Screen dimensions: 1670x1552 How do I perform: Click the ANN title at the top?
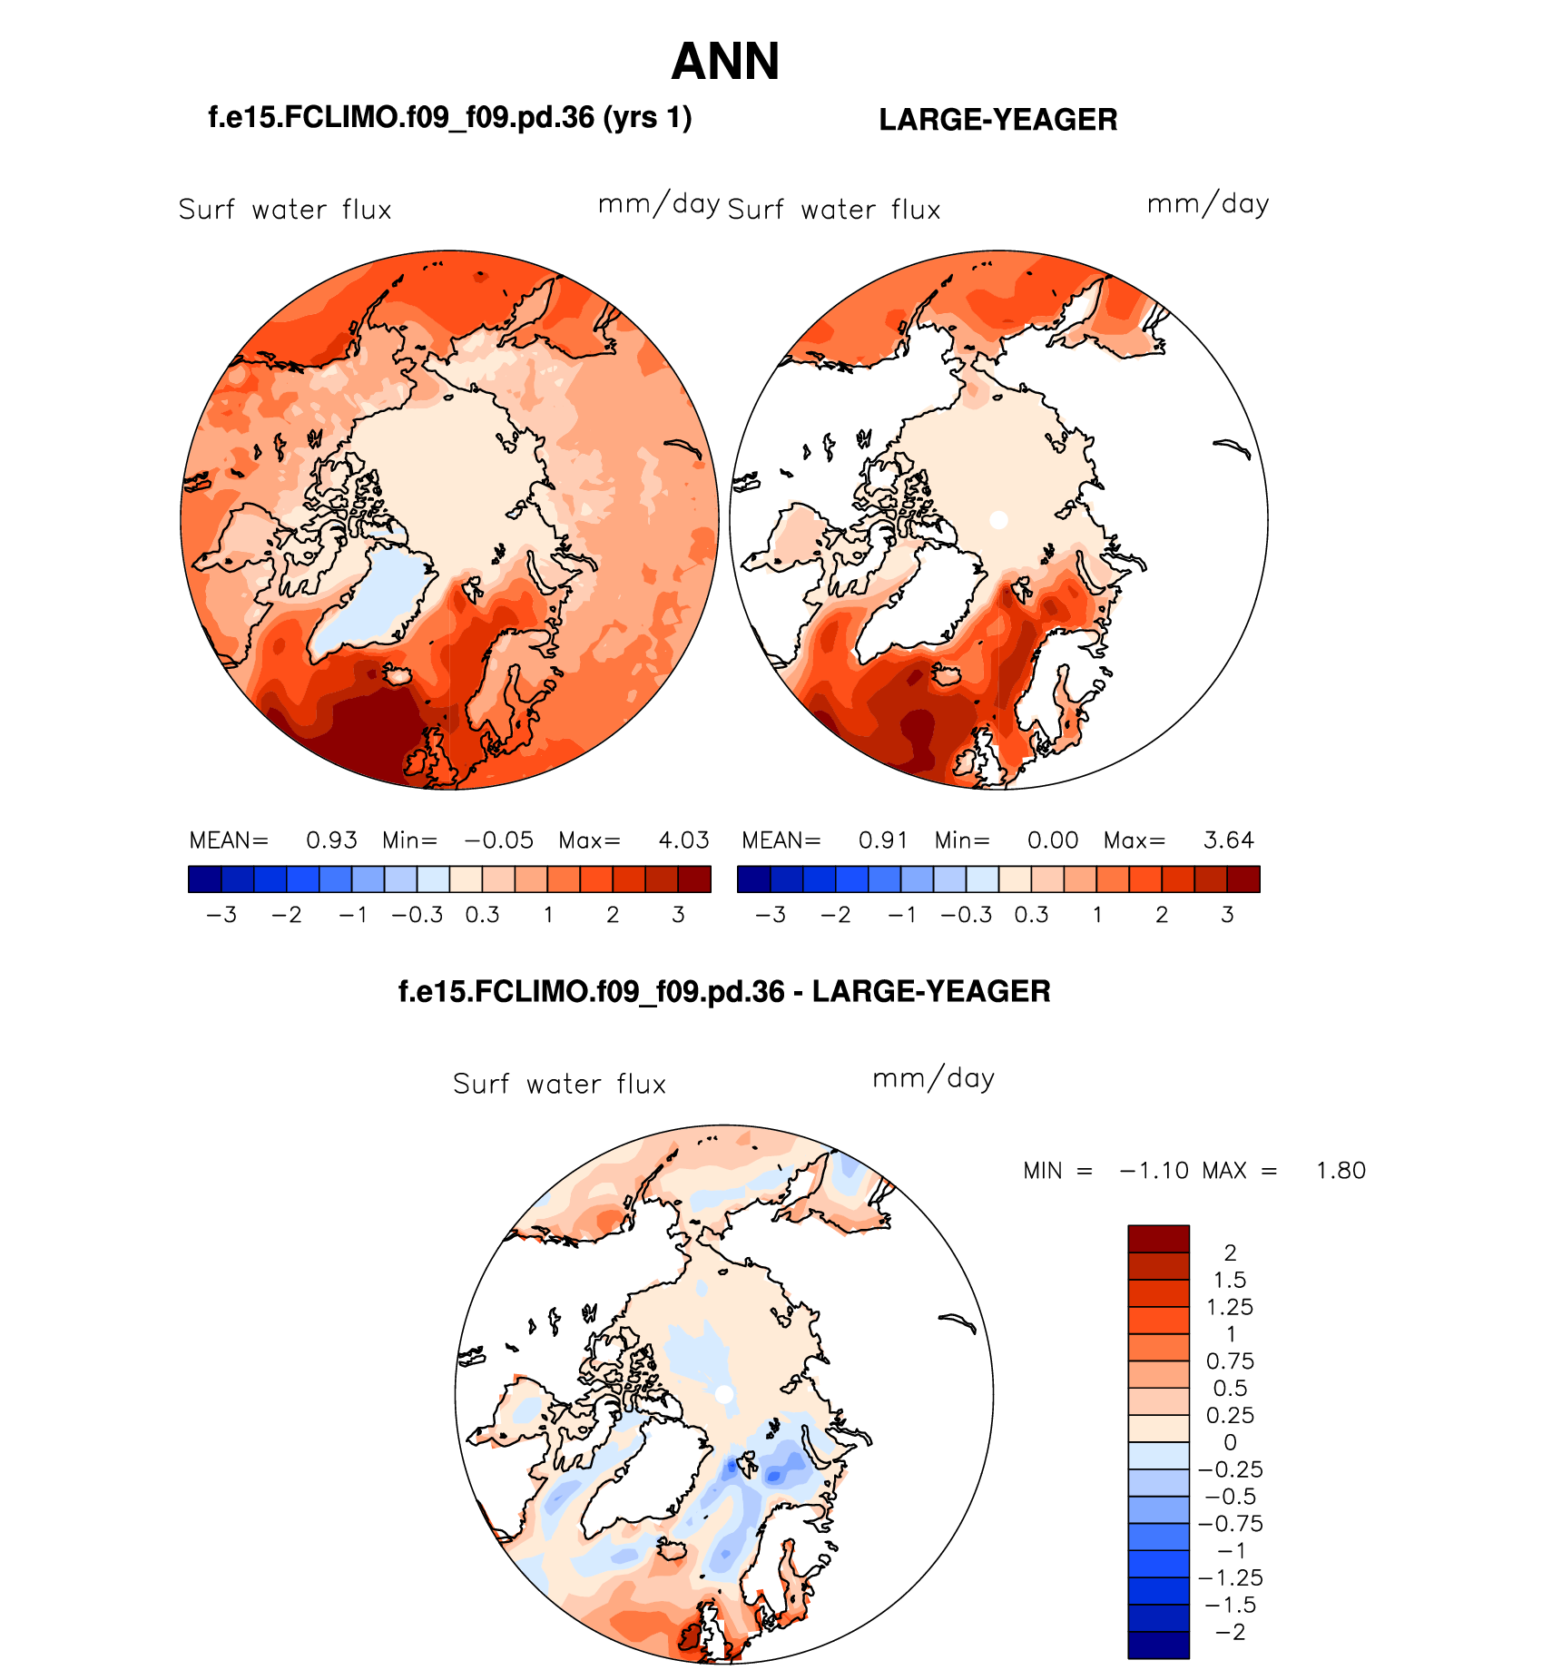[725, 62]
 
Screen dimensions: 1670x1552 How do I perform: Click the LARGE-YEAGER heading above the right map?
[997, 120]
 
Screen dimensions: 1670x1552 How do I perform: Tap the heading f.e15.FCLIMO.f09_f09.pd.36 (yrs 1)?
[450, 117]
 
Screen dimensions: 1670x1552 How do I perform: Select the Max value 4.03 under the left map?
[683, 840]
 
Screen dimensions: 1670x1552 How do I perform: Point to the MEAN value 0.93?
[331, 840]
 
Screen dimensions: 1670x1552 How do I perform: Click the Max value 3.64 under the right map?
[1228, 840]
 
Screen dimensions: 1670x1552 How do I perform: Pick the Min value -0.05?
[498, 840]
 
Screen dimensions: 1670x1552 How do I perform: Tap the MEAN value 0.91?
[883, 840]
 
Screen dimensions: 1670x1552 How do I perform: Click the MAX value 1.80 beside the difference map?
[1341, 1171]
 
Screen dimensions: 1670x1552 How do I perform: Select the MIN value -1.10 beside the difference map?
[1154, 1171]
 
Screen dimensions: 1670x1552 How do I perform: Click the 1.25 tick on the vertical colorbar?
[1230, 1308]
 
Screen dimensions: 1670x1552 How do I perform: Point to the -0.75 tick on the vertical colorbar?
[1230, 1524]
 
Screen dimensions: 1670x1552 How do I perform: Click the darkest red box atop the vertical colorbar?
[1158, 1239]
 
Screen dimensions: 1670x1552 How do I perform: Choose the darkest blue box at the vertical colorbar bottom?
[1158, 1645]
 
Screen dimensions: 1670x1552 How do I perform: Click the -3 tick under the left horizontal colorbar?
[221, 915]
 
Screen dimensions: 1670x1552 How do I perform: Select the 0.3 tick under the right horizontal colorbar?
[1031, 915]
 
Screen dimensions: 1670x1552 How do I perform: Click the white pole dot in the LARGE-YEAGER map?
[998, 520]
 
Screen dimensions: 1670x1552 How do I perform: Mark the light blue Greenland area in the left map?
[372, 599]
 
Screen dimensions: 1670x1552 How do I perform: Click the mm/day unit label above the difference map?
[933, 1079]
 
